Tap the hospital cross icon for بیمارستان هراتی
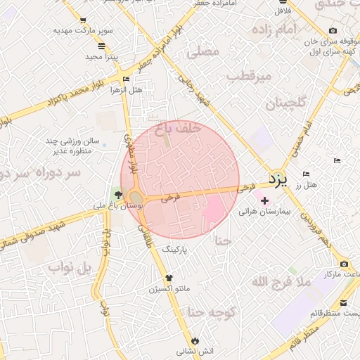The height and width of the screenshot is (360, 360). click(264, 201)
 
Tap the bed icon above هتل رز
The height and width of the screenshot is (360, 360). click(306, 174)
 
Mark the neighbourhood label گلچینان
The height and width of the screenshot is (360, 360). click(285, 103)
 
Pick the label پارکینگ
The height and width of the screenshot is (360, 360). click(176, 249)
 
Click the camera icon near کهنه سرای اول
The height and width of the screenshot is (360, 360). click(333, 30)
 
